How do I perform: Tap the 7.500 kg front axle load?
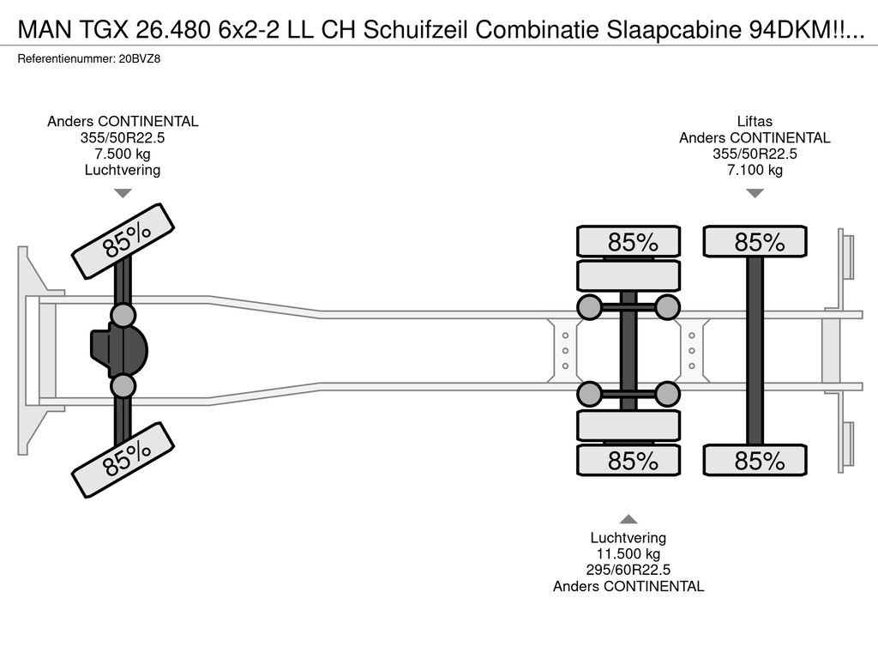click(x=123, y=154)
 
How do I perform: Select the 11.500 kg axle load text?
click(x=628, y=553)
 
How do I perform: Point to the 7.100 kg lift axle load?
click(x=755, y=170)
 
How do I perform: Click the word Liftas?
click(x=755, y=122)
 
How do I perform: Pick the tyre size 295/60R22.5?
click(x=628, y=570)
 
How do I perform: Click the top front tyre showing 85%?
click(x=123, y=241)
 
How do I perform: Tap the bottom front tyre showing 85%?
click(x=123, y=461)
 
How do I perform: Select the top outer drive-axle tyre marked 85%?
click(x=628, y=242)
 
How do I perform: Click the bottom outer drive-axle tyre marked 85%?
click(x=628, y=461)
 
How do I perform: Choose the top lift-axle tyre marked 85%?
click(x=755, y=242)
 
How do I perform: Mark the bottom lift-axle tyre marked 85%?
click(x=755, y=461)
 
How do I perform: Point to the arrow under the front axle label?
click(x=123, y=193)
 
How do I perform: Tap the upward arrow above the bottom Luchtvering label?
click(x=628, y=518)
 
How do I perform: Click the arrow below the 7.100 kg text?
click(x=755, y=193)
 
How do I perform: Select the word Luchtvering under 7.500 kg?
click(x=123, y=170)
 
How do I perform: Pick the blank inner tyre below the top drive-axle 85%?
click(x=628, y=275)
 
